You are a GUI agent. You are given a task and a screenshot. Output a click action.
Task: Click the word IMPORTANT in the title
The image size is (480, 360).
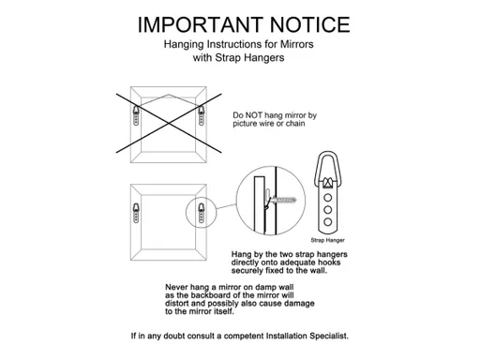click(200, 24)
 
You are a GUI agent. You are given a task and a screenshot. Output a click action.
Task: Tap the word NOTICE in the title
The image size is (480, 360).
click(309, 24)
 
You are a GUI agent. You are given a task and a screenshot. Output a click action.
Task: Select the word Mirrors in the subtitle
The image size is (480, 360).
click(296, 44)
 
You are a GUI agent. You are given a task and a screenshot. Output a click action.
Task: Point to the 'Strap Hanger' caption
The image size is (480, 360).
click(327, 240)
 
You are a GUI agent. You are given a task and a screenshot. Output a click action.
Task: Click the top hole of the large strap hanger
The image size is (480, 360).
click(327, 198)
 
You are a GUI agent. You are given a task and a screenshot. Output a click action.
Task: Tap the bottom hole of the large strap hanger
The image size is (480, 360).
click(327, 222)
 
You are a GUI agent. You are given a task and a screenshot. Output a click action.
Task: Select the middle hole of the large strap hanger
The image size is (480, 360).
click(327, 210)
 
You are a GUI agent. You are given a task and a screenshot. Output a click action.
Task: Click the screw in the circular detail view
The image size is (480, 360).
click(284, 200)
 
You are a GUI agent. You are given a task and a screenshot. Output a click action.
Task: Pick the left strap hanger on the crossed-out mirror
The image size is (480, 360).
click(136, 115)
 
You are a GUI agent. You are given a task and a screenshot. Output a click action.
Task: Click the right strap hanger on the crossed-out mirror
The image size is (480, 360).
click(202, 115)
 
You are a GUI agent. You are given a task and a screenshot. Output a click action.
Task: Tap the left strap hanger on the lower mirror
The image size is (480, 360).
click(136, 213)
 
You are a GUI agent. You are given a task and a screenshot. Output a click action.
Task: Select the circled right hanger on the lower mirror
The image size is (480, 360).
click(202, 213)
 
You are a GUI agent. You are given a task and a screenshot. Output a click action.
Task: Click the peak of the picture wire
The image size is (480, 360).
click(169, 95)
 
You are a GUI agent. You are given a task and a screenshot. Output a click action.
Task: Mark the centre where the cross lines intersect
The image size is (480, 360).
click(169, 123)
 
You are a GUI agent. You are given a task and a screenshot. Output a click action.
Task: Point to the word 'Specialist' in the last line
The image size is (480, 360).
click(329, 336)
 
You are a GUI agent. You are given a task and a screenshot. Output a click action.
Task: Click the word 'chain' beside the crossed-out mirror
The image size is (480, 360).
click(295, 124)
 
